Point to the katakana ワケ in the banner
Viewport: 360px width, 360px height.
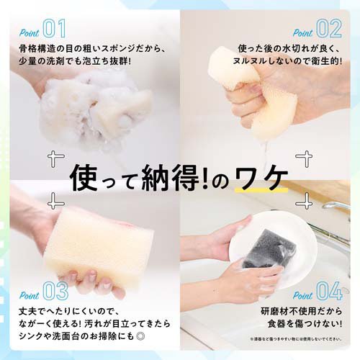[266, 178]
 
